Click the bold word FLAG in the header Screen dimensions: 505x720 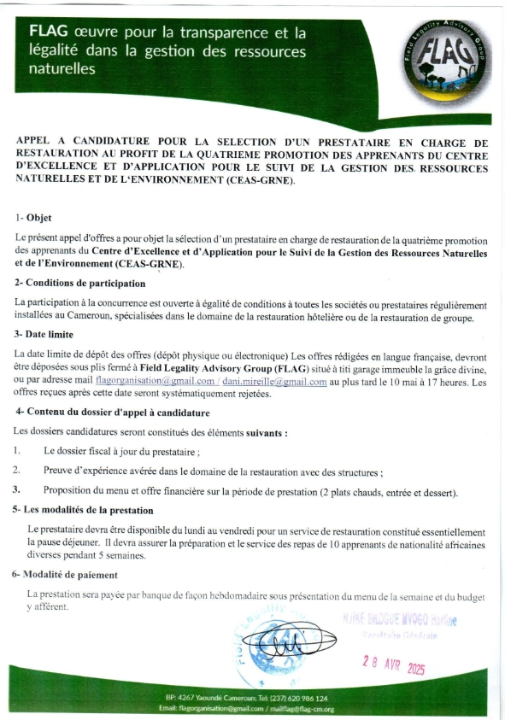pos(50,32)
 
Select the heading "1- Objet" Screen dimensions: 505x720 pos(33,218)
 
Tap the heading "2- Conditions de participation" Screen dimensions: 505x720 pos(79,284)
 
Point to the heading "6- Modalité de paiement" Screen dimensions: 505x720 pos(65,575)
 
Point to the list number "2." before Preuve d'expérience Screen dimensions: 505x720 pos(17,470)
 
